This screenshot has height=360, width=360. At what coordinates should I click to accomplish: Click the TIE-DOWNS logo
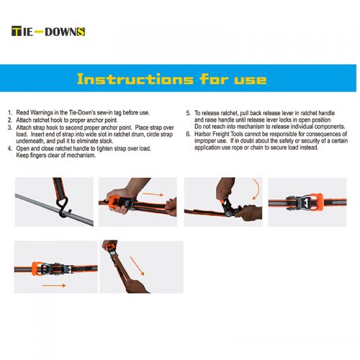pyautogui.click(x=48, y=32)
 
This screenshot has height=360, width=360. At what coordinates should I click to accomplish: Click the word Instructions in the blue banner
pyautogui.click(x=135, y=79)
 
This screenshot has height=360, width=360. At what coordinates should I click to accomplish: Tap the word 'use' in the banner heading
pyautogui.click(x=251, y=80)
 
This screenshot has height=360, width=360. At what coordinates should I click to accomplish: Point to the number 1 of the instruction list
pyautogui.click(x=9, y=112)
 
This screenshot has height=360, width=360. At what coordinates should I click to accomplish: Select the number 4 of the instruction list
pyautogui.click(x=9, y=148)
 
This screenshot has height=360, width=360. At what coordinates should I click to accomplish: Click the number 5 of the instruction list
pyautogui.click(x=189, y=113)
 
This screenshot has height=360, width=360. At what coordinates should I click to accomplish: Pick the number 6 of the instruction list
pyautogui.click(x=189, y=134)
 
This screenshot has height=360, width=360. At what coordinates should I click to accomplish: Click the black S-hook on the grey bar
pyautogui.click(x=63, y=207)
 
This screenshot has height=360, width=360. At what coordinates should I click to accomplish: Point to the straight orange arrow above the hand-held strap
pyautogui.click(x=153, y=194)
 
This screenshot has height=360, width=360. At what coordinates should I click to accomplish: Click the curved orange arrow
pyautogui.click(x=256, y=189)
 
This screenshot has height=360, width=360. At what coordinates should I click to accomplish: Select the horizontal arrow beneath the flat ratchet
pyautogui.click(x=54, y=285)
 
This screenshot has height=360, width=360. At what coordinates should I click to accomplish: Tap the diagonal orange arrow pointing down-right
pyautogui.click(x=137, y=266)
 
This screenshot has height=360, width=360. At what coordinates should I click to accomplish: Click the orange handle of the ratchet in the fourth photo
pyautogui.click(x=316, y=202)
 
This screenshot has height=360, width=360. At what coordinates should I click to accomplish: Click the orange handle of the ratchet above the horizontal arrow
pyautogui.click(x=37, y=269)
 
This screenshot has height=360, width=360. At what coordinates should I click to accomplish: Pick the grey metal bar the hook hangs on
pyautogui.click(x=54, y=210)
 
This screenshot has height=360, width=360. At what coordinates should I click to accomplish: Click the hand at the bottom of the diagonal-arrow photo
pyautogui.click(x=136, y=287)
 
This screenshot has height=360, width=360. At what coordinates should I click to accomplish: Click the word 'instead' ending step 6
pyautogui.click(x=309, y=148)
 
